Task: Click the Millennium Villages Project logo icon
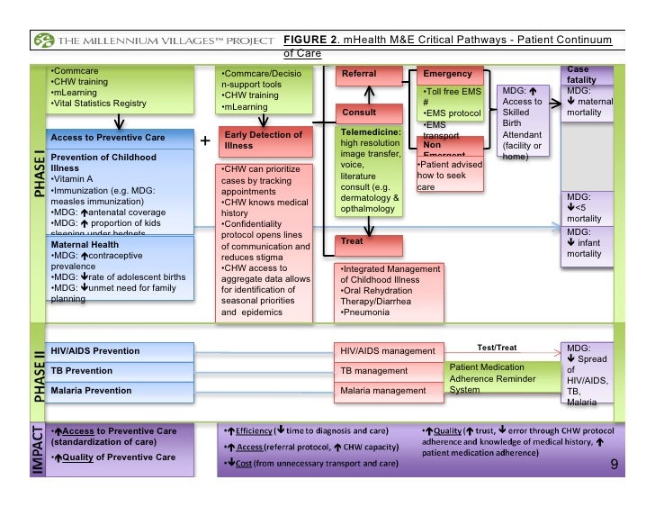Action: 43,43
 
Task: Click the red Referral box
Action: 367,74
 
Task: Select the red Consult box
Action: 367,113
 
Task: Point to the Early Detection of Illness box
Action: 264,140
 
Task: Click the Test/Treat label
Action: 496,347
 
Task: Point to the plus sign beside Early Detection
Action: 205,141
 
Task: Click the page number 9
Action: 614,465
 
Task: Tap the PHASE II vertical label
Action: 38,372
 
